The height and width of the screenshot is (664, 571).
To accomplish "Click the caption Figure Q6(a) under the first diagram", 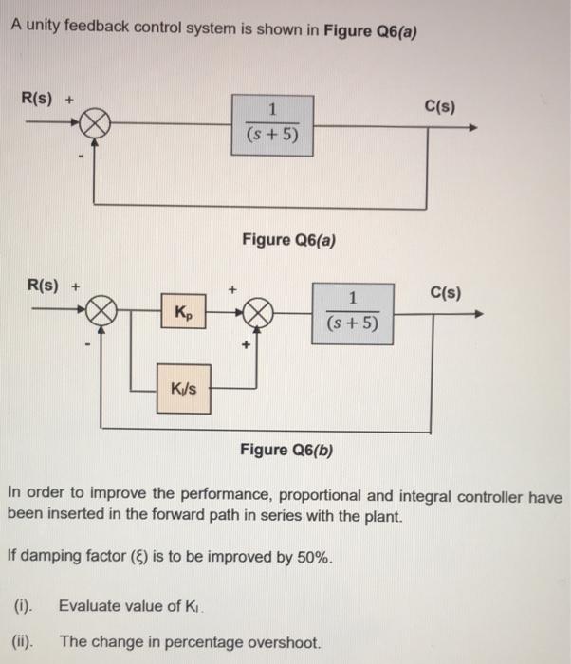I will tap(288, 238).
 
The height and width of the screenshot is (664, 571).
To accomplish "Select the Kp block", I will tap(184, 312).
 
